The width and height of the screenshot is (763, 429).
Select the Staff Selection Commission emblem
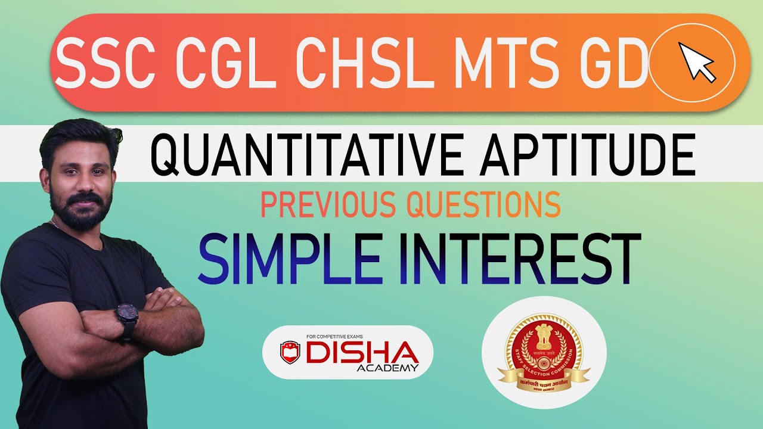(x=543, y=352)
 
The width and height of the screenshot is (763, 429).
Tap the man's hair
(x=75, y=132)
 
